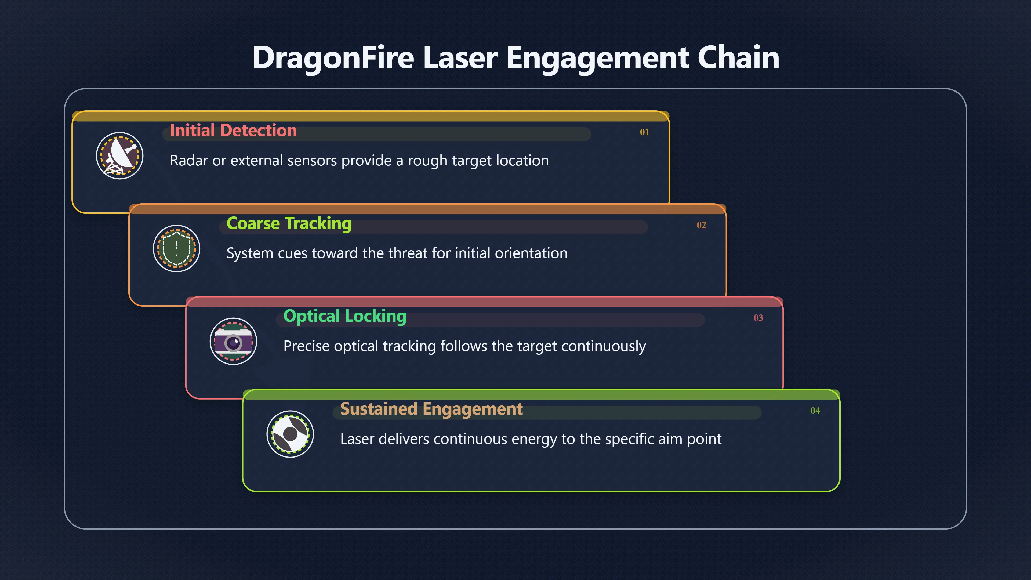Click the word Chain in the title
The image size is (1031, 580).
(738, 57)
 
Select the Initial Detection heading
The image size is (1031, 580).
(233, 130)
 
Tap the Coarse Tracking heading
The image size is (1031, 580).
(289, 223)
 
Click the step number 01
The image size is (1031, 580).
(644, 132)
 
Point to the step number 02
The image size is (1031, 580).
(701, 225)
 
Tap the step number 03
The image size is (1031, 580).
(758, 318)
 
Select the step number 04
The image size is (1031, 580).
(815, 411)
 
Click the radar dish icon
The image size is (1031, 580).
(120, 156)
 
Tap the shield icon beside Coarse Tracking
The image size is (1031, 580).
(176, 249)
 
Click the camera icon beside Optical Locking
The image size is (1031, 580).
(233, 342)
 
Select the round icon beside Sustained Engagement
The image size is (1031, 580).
(290, 434)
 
